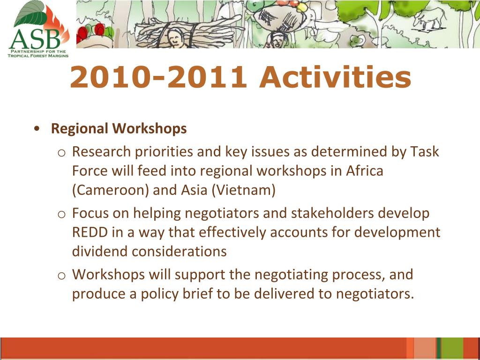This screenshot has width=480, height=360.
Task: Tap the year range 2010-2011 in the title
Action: (x=158, y=77)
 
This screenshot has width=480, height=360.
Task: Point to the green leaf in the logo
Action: (x=30, y=14)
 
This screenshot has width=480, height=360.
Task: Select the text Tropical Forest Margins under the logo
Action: (x=38, y=56)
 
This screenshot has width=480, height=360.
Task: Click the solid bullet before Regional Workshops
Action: (x=37, y=128)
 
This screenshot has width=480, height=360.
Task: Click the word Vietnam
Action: (x=243, y=190)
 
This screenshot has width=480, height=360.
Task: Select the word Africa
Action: (x=365, y=171)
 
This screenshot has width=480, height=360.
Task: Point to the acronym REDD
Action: (x=90, y=232)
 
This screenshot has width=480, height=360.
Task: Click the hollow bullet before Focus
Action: (x=61, y=214)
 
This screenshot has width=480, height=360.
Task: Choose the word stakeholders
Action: (x=332, y=213)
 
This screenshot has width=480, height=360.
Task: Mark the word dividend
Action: (x=100, y=251)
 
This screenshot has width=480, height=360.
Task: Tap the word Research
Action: (x=102, y=152)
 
